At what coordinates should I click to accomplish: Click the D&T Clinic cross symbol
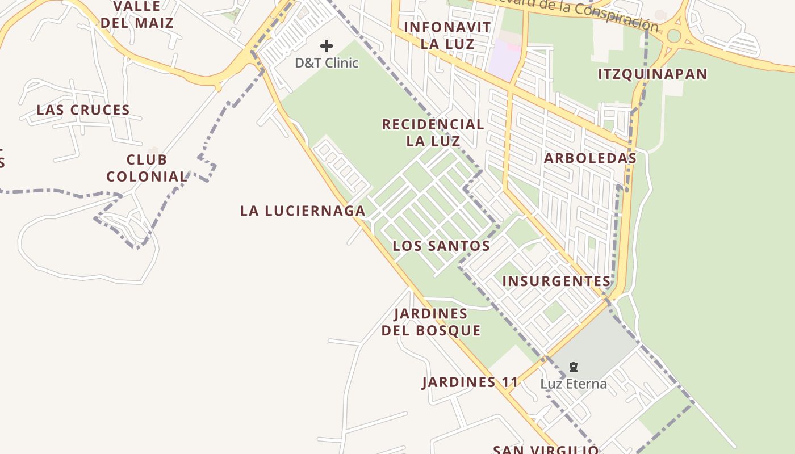point(327,46)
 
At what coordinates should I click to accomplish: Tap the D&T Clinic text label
point(327,63)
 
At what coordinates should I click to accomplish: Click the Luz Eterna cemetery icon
point(573,368)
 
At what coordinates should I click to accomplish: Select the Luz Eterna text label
point(573,384)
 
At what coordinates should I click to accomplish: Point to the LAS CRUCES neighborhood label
point(83,110)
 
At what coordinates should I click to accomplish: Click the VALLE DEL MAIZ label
point(136,15)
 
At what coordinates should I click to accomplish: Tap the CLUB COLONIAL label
point(147,168)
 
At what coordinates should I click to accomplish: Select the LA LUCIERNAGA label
point(303,211)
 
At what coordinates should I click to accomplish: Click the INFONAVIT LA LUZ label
point(447,35)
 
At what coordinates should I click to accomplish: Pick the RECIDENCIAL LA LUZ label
point(433,132)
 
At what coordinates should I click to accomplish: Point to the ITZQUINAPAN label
point(653,74)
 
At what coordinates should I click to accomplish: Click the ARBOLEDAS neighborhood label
point(590,158)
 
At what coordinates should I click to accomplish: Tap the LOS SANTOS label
point(441,246)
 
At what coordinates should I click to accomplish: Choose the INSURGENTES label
point(556,281)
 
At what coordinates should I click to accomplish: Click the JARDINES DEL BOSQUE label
point(431,322)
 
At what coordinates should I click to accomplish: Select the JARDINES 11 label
point(470,382)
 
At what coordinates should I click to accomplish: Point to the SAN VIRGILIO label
point(545,450)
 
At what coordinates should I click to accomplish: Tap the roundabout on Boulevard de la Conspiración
point(674,36)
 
